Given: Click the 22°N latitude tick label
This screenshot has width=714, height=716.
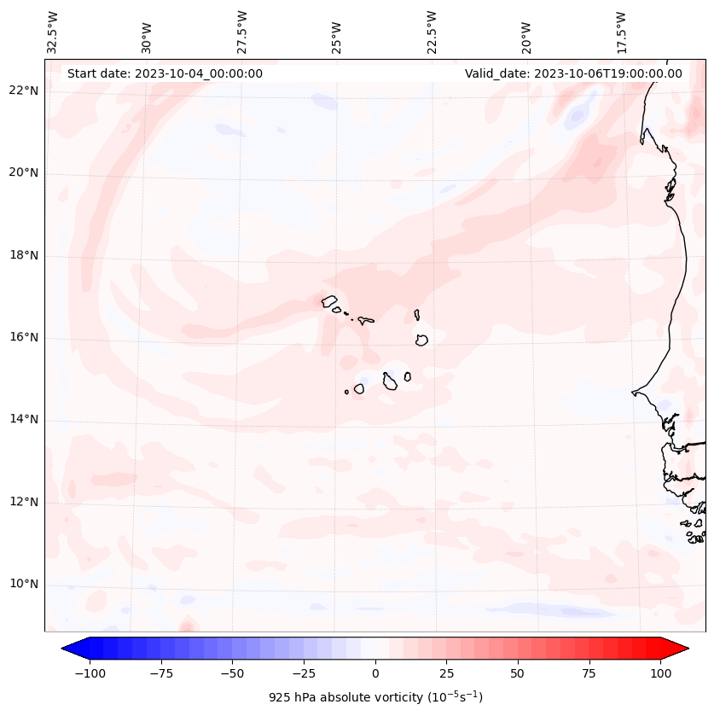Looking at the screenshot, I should [x=24, y=90].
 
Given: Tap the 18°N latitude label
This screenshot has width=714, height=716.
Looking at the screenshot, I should [x=24, y=255].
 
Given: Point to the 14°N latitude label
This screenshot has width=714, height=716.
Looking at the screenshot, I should [x=24, y=419].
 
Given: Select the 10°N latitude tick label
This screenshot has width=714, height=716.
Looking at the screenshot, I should [x=24, y=584].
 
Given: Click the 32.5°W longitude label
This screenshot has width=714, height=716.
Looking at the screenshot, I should [x=53, y=32].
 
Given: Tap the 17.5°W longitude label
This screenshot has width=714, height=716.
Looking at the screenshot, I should [x=621, y=32].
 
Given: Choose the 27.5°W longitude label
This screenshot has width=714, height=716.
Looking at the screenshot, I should [x=242, y=32].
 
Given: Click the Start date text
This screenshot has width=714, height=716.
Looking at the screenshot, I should [x=165, y=73].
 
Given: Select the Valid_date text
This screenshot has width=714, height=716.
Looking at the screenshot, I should [x=573, y=73].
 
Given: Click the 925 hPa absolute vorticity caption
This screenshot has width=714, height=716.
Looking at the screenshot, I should [x=375, y=697].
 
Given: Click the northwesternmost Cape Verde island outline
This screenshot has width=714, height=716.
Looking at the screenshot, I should [x=329, y=300].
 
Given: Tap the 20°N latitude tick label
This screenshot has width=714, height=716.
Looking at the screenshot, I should [x=24, y=172].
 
